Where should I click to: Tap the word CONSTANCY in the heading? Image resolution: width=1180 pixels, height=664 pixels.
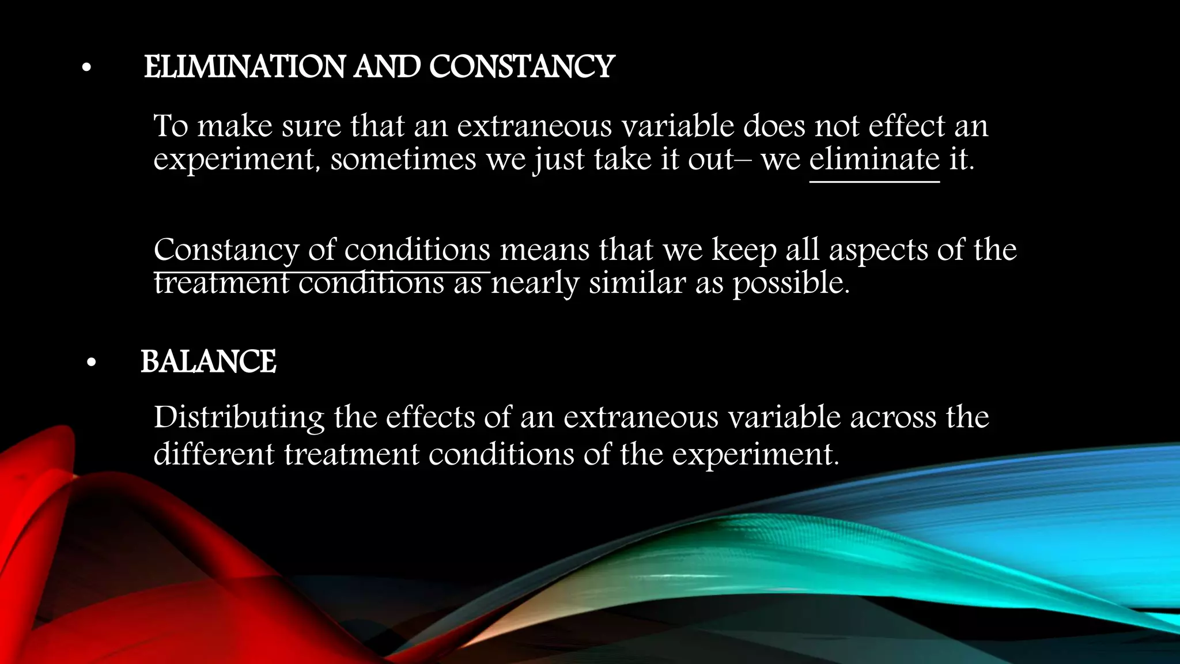point(522,67)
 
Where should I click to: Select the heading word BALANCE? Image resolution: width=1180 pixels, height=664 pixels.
point(209,362)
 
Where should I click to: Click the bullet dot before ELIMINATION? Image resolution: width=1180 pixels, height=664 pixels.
point(86,69)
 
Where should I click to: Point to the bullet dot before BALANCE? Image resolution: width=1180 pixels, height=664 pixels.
point(91,364)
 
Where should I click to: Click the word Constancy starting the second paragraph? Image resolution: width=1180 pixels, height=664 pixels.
point(226,250)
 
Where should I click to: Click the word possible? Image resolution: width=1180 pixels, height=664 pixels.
point(791,283)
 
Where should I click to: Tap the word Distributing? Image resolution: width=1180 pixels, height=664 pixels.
point(239,418)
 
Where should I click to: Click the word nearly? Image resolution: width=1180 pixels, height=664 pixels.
point(535,283)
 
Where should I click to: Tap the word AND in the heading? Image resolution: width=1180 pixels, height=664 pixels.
point(387,67)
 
